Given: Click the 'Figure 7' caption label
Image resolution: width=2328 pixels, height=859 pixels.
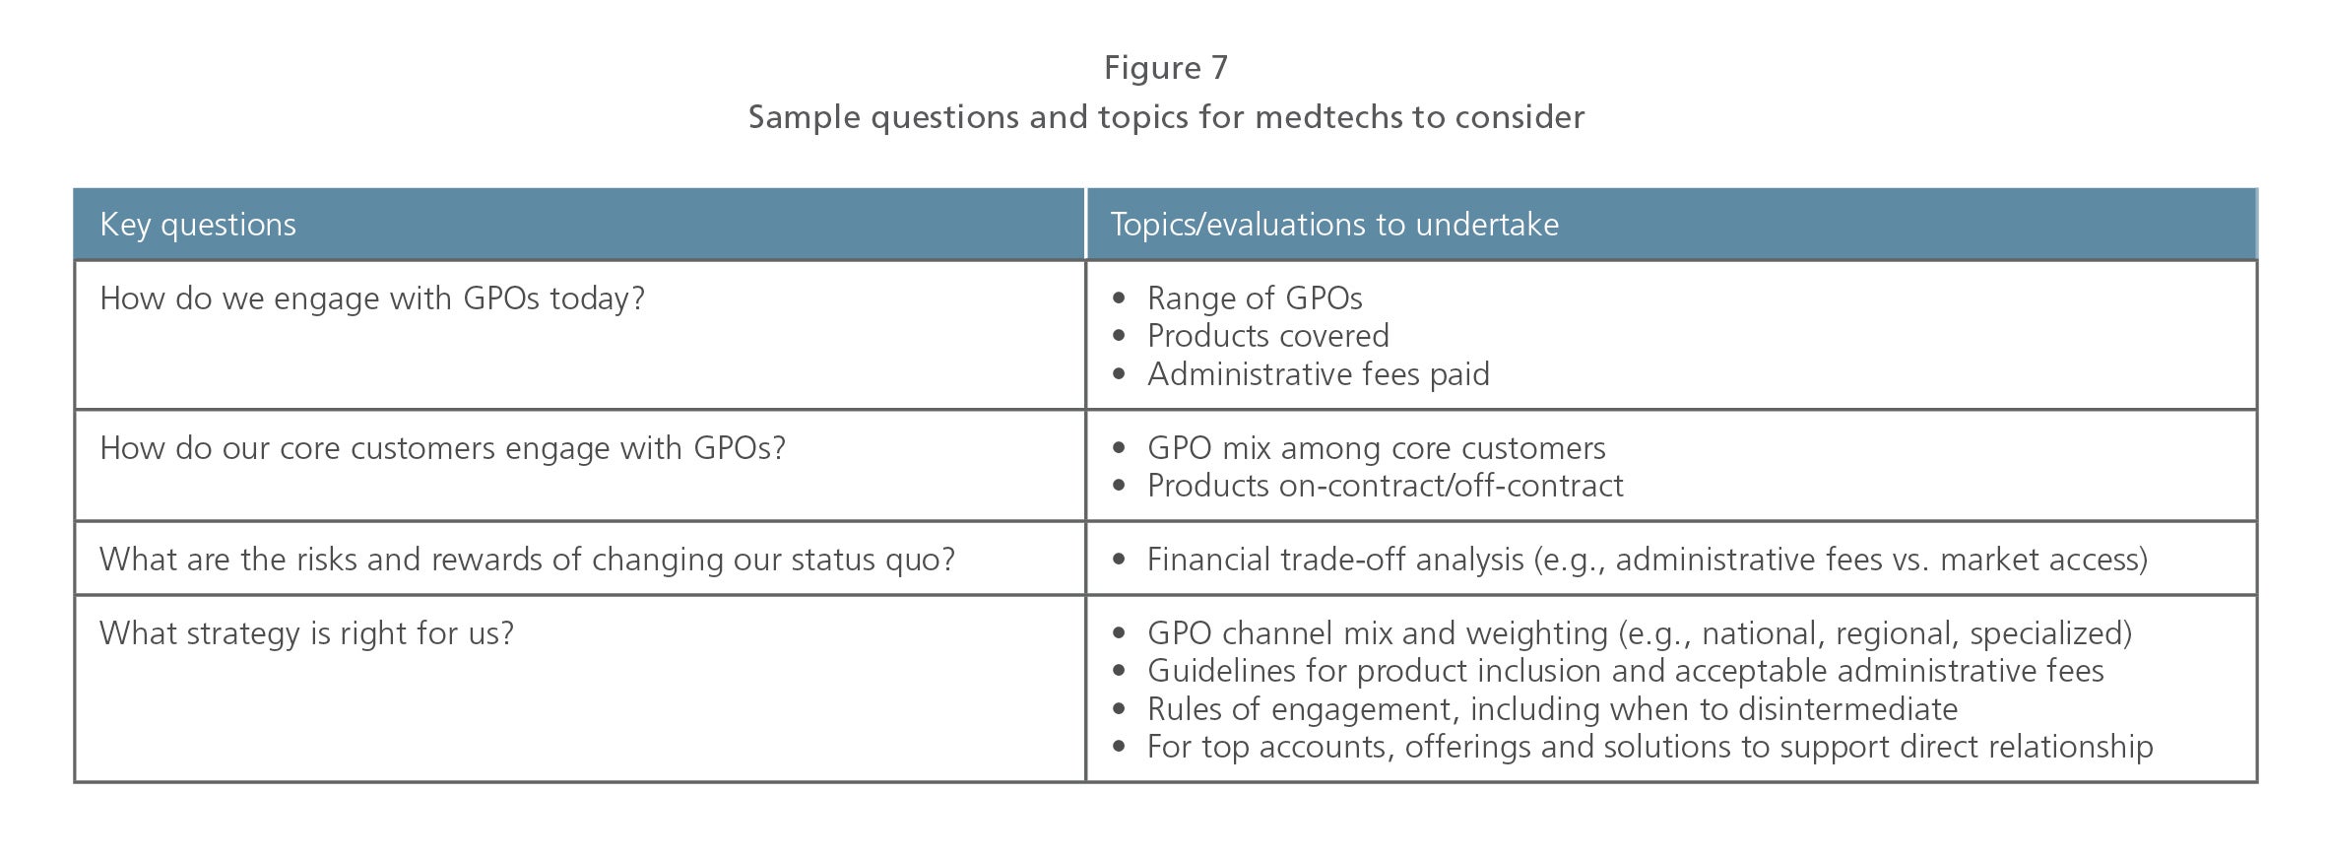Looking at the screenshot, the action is (1165, 67).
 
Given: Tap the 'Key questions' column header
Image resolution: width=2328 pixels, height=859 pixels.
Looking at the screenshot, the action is (198, 225).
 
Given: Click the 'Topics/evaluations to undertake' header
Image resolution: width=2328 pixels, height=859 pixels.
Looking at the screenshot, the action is (1334, 225).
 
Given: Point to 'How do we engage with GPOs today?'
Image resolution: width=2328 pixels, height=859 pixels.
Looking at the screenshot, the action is (372, 298).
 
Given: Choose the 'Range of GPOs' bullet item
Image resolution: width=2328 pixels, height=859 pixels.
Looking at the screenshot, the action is (1255, 298).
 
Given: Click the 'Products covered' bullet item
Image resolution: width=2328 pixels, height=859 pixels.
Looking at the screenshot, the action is (1268, 336).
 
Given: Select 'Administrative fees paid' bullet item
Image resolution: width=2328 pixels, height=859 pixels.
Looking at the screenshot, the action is (1319, 374).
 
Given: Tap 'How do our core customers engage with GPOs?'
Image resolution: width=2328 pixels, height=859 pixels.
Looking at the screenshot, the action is (443, 448).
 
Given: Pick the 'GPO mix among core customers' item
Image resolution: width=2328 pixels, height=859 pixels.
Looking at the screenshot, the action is (1377, 448).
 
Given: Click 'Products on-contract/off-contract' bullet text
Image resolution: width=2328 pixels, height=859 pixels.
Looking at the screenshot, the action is (1386, 486).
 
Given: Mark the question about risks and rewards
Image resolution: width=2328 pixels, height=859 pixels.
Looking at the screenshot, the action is (528, 560).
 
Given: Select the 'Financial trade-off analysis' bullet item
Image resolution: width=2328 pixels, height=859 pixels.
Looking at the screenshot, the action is (1648, 560).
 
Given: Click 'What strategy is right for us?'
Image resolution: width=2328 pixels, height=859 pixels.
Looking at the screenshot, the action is (307, 633).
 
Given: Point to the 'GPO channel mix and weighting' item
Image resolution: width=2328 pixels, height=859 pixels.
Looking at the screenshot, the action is (1640, 633).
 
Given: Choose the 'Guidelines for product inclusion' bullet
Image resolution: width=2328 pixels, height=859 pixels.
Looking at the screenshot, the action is (1626, 671).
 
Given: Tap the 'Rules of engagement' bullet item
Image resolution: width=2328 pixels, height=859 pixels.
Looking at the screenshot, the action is (1553, 709).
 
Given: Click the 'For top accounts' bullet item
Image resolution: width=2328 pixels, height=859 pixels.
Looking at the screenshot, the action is (1650, 747).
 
